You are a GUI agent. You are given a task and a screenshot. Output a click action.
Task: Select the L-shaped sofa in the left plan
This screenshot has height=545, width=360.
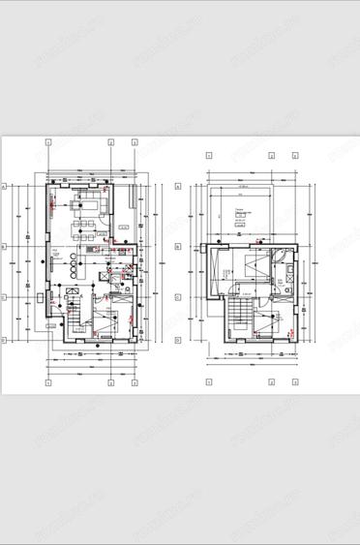point(96,200)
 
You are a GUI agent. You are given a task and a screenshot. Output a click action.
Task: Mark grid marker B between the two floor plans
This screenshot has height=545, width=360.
point(178,247)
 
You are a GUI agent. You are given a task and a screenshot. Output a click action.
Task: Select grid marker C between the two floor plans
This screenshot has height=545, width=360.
point(178,297)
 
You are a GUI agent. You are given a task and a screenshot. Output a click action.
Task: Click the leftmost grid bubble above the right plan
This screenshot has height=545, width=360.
point(209,155)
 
